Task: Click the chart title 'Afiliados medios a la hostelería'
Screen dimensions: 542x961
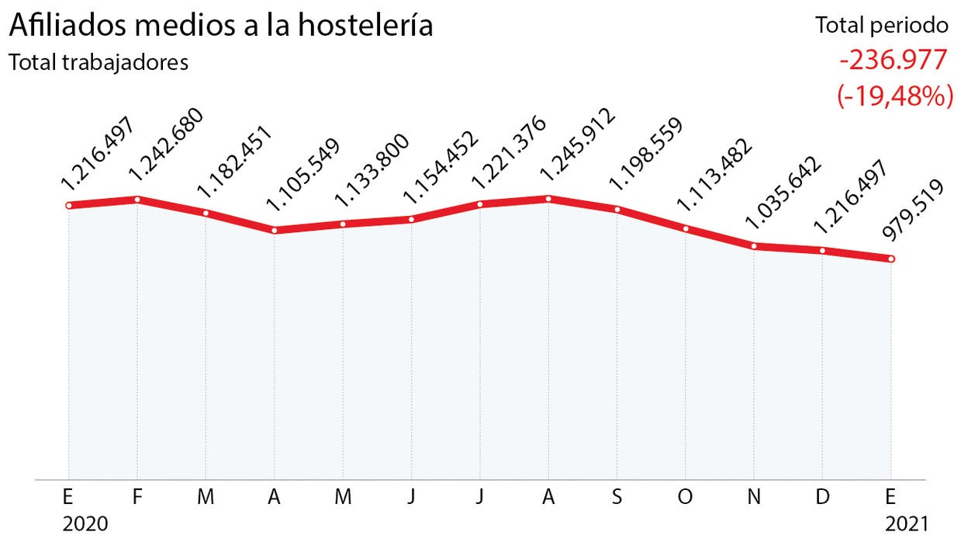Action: click(x=220, y=26)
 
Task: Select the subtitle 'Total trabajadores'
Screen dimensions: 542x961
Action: click(x=99, y=63)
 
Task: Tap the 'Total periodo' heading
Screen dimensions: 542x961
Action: click(x=882, y=26)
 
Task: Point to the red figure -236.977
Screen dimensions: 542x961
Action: click(x=893, y=61)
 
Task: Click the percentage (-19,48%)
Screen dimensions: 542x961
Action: click(x=894, y=96)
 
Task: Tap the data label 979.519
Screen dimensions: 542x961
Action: click(x=913, y=212)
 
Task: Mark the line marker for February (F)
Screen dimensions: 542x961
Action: click(x=137, y=200)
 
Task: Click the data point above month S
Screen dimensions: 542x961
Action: click(x=617, y=209)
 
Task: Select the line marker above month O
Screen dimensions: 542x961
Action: click(x=686, y=228)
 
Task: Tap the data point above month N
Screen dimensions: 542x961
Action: click(x=754, y=246)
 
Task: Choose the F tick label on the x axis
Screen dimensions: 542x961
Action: click(x=137, y=498)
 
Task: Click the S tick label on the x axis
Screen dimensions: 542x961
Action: click(x=617, y=498)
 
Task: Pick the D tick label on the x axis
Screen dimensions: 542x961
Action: click(x=822, y=498)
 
